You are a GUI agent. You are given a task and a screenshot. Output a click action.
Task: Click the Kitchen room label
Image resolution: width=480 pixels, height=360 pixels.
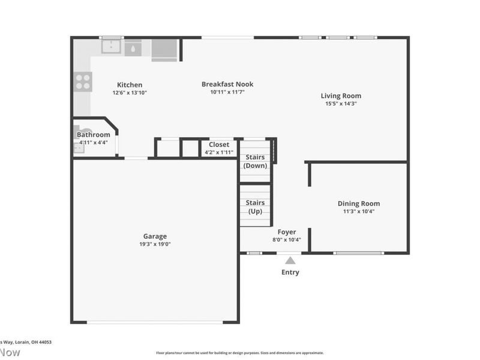pyautogui.click(x=130, y=85)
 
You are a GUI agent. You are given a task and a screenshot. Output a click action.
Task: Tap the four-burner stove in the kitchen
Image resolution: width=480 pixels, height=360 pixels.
pyautogui.click(x=82, y=81)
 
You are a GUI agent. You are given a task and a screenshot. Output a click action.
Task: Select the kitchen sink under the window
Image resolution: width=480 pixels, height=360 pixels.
pyautogui.click(x=112, y=47)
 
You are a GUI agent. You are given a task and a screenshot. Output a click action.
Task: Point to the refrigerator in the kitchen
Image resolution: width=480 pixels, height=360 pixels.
pyautogui.click(x=164, y=49)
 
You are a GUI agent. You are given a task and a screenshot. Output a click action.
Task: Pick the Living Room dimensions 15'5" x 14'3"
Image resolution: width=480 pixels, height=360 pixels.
pyautogui.click(x=341, y=104)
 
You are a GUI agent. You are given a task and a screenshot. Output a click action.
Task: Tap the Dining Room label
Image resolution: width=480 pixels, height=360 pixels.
pyautogui.click(x=358, y=203)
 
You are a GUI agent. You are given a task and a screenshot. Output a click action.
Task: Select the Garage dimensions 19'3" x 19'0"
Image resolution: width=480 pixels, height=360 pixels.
pyautogui.click(x=155, y=244)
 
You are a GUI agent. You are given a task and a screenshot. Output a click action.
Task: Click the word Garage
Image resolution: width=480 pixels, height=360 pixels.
pyautogui.click(x=155, y=236)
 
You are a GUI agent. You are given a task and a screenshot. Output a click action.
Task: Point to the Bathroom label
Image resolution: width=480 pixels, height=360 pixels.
pyautogui.click(x=93, y=134)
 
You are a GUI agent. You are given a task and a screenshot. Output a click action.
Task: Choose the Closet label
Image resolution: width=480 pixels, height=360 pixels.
pyautogui.click(x=219, y=144)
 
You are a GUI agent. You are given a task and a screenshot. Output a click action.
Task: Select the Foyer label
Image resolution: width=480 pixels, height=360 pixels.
pyautogui.click(x=286, y=232)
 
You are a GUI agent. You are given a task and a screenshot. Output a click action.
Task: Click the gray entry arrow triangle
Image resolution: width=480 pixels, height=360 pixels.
pyautogui.click(x=290, y=260)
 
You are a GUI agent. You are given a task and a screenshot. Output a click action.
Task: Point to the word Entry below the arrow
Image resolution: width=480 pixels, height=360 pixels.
pyautogui.click(x=290, y=272)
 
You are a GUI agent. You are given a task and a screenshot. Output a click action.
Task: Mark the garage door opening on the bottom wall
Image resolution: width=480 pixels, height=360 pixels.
pyautogui.click(x=155, y=323)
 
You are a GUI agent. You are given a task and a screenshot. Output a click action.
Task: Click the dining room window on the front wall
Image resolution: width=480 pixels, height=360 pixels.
pyautogui.click(x=358, y=253)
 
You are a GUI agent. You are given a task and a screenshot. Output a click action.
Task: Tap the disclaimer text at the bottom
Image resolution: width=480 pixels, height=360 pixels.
pyautogui.click(x=240, y=353)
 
